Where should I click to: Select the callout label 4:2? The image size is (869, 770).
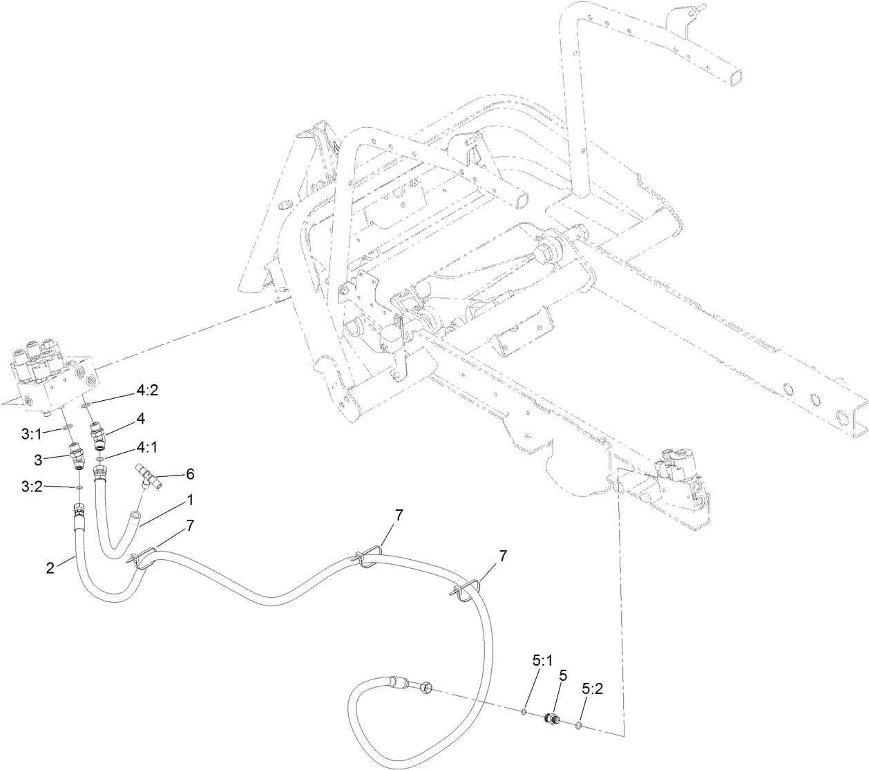point(147,390)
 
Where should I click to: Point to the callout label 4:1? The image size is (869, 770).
point(146,447)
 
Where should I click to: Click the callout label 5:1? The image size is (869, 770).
point(542,660)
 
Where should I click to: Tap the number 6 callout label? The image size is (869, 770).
point(190,473)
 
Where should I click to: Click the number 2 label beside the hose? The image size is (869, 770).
point(50,568)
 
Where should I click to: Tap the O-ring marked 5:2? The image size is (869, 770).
point(579,724)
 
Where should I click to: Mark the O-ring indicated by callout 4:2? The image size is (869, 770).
point(86,405)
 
